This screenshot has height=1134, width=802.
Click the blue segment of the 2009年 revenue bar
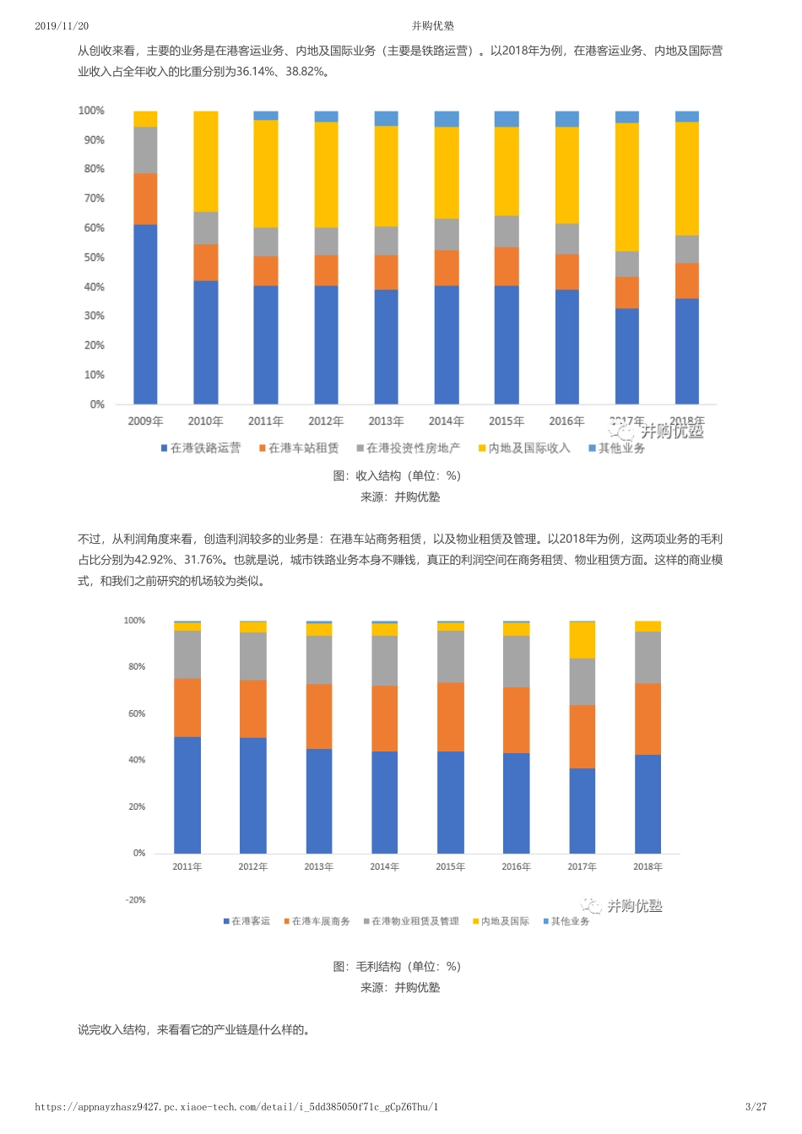pyautogui.click(x=145, y=314)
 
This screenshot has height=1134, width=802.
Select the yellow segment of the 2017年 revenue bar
pyautogui.click(x=627, y=187)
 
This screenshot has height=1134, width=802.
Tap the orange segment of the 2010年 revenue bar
pyautogui.click(x=205, y=263)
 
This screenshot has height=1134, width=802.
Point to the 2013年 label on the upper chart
pyautogui.click(x=386, y=421)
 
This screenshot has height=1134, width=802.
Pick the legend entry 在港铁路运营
pyautogui.click(x=201, y=448)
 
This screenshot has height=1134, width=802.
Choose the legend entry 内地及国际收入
pyautogui.click(x=524, y=448)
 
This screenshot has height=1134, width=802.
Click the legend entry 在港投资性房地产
pyautogui.click(x=409, y=448)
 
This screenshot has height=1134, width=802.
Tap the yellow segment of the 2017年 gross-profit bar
pyautogui.click(x=582, y=640)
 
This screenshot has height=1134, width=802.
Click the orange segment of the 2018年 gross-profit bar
pyautogui.click(x=648, y=719)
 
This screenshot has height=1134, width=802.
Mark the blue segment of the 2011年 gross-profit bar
pyautogui.click(x=187, y=795)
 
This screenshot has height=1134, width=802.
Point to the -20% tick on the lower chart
pyautogui.click(x=135, y=900)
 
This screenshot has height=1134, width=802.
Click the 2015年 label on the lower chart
pyautogui.click(x=450, y=867)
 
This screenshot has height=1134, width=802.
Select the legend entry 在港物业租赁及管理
pyautogui.click(x=411, y=921)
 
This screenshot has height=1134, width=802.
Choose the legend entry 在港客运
pyautogui.click(x=247, y=921)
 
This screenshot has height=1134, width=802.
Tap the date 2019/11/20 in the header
pyautogui.click(x=62, y=26)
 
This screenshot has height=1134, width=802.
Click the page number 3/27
pyautogui.click(x=756, y=1107)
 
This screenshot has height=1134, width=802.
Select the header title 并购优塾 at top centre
pyautogui.click(x=433, y=26)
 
